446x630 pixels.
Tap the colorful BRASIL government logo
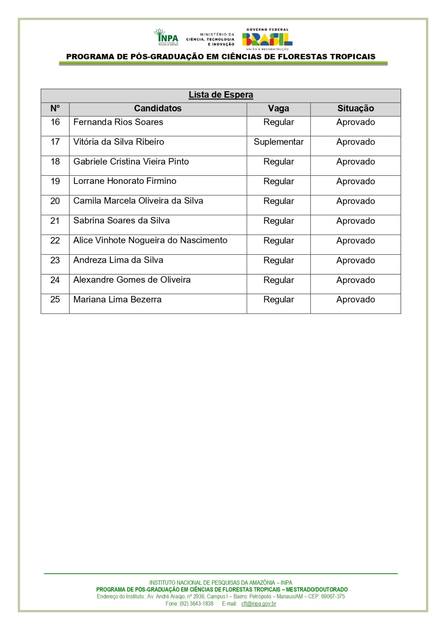(267, 39)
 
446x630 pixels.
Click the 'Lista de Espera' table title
(221, 95)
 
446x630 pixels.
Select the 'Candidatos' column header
(158, 109)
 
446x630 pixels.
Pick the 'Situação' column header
(355, 109)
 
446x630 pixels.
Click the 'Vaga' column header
(279, 109)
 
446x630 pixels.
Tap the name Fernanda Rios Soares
(118, 122)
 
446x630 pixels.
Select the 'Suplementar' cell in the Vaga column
(279, 142)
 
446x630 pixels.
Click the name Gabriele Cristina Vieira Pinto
(131, 161)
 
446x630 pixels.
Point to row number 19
(55, 181)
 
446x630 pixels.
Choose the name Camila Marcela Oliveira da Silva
(138, 201)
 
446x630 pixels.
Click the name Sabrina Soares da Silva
(121, 220)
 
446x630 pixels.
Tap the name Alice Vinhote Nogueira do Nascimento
(150, 240)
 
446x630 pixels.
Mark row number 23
(55, 260)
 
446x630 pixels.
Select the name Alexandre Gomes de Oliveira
(132, 280)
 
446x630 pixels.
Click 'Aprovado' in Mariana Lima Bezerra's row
(355, 300)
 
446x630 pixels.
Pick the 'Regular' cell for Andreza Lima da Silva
(279, 260)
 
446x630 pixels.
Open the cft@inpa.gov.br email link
(259, 604)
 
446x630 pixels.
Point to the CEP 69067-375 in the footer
(333, 597)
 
